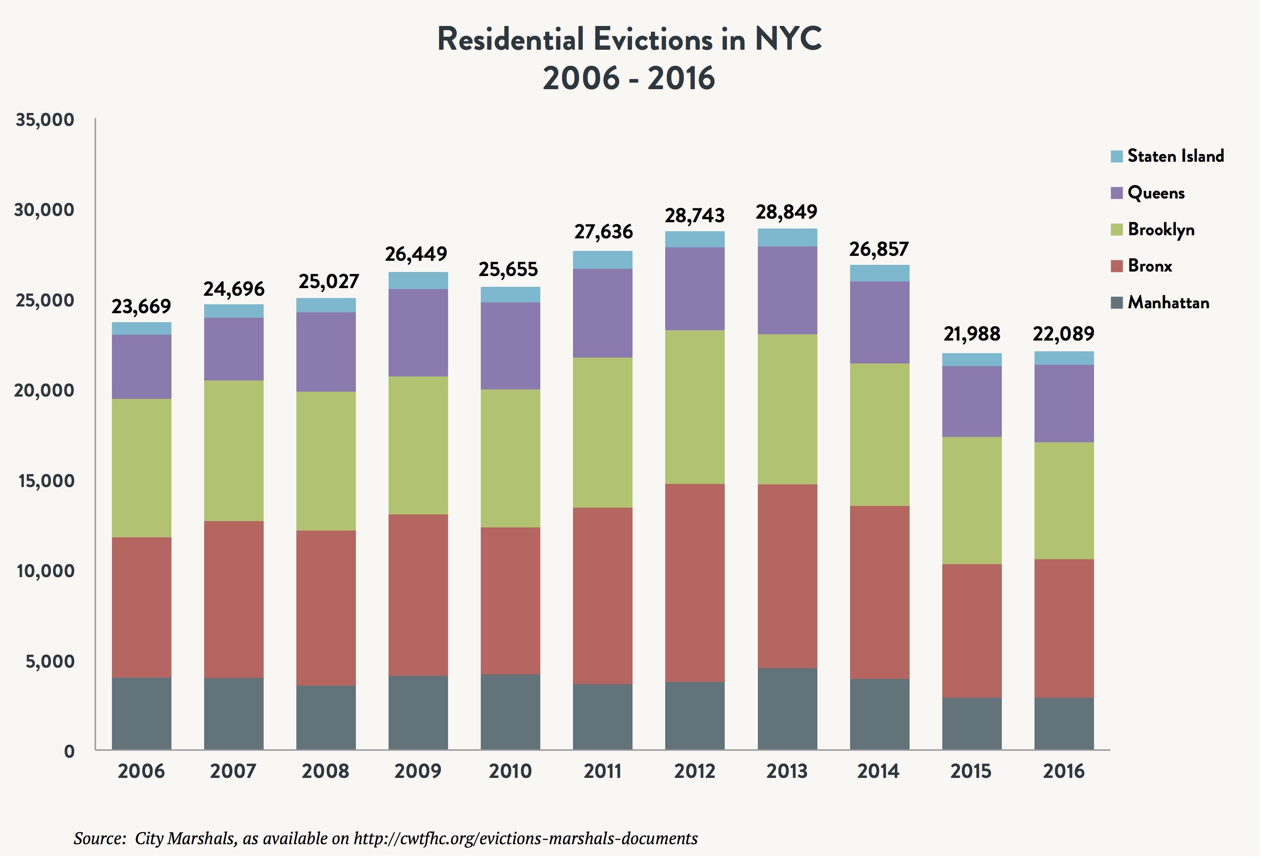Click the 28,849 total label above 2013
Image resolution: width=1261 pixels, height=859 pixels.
pos(787,212)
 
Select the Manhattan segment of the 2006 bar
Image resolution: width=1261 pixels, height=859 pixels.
pos(141,714)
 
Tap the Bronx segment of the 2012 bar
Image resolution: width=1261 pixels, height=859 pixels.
pos(695,583)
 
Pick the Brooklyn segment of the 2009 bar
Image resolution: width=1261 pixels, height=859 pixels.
pos(419,446)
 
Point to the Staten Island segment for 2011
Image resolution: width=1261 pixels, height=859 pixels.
pos(603,260)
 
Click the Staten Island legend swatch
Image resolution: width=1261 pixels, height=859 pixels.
pos(1117,156)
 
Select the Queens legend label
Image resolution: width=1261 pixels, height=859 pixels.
pos(1156,193)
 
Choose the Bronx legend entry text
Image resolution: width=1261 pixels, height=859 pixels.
pos(1150,266)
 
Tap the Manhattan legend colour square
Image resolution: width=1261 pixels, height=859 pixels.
pos(1117,303)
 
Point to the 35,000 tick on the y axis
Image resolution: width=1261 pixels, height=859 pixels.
pos(45,120)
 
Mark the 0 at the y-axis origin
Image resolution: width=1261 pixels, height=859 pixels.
pos(69,752)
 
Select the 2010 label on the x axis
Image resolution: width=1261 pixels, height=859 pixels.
pos(510,772)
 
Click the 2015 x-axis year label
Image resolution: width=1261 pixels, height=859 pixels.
pos(971,772)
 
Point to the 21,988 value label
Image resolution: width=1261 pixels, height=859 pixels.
pos(972,334)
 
